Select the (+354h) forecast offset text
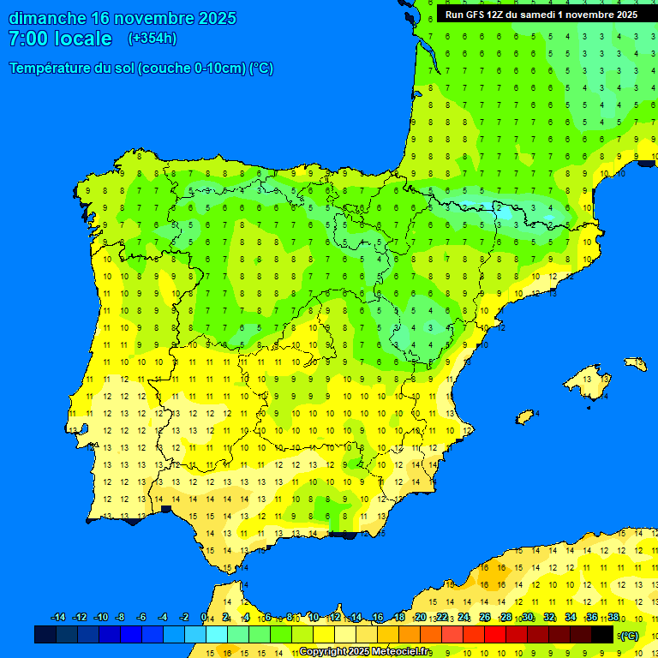click(152, 39)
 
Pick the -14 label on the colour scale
click(58, 618)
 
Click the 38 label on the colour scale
click(613, 618)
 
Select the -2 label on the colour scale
click(183, 618)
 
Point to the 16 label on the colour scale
click(378, 618)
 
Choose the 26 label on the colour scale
click(485, 618)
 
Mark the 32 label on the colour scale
click(549, 618)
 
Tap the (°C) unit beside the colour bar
click(629, 636)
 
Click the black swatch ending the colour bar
click(602, 635)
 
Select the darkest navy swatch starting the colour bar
click(45, 635)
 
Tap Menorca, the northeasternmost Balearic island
click(635, 363)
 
